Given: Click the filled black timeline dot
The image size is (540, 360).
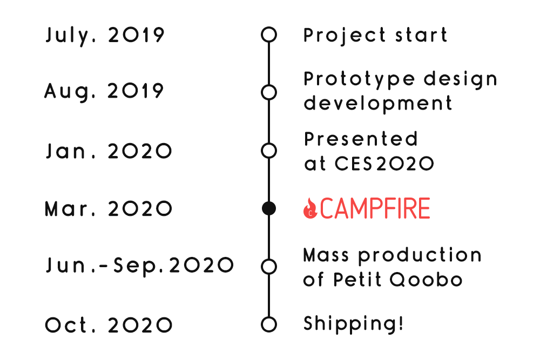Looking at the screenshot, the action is click(269, 208).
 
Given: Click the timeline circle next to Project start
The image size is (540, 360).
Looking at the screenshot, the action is click(269, 27).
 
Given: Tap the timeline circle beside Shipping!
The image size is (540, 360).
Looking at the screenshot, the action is click(269, 317).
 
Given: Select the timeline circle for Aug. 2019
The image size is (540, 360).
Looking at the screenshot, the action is click(269, 85).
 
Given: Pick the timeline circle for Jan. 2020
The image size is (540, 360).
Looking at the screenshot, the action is click(269, 143).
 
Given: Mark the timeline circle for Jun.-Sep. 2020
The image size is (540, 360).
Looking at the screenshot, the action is click(269, 259).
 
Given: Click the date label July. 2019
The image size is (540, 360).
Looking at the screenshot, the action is click(105, 36).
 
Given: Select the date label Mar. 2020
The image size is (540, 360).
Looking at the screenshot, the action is click(108, 209).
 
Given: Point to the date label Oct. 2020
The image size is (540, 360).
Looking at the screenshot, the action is click(109, 325).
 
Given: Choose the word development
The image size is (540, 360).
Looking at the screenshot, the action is click(378, 103).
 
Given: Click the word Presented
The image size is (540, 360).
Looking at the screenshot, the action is click(361, 139).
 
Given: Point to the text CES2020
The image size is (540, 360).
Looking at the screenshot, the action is click(384, 164).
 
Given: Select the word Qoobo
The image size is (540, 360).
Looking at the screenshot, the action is click(426, 280).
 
